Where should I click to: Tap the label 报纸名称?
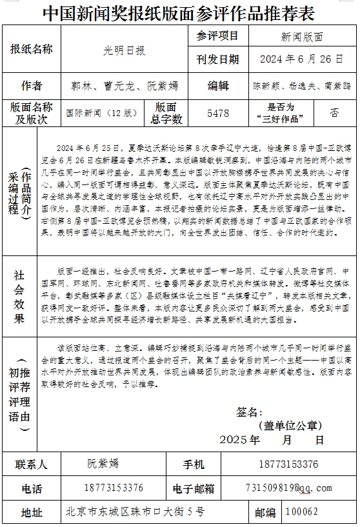(32, 49)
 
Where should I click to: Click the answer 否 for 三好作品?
(334, 112)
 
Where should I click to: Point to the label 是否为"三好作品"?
(280, 113)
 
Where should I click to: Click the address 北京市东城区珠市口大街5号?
(135, 512)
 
